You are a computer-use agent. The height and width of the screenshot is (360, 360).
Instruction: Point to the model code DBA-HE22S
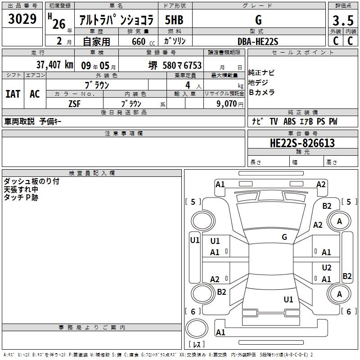click(258, 41)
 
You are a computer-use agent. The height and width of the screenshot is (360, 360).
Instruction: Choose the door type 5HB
click(174, 20)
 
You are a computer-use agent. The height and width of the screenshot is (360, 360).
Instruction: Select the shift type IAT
click(13, 94)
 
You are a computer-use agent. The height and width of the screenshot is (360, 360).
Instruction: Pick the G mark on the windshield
click(284, 237)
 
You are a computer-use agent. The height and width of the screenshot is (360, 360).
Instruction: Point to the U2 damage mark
click(327, 267)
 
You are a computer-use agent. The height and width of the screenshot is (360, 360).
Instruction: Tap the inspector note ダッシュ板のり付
click(31, 181)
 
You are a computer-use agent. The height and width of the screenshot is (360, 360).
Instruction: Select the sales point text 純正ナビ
click(262, 73)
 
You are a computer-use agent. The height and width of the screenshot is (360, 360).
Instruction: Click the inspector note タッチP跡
click(21, 198)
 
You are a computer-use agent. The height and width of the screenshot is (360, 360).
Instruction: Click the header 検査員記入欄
click(92, 173)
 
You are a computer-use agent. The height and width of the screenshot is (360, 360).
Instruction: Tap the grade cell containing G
click(258, 20)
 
